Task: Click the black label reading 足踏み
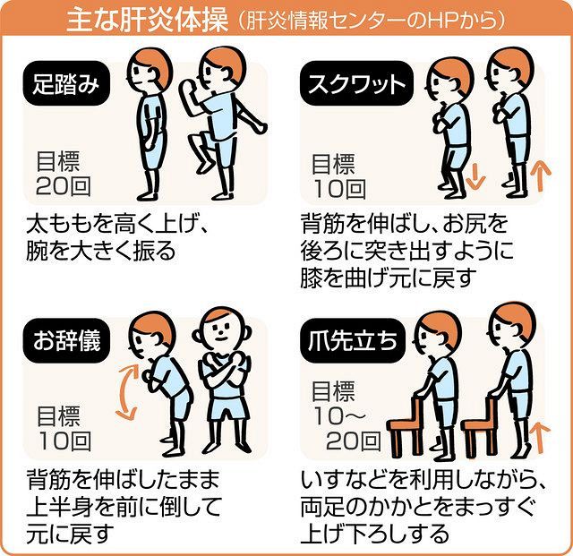[66, 83]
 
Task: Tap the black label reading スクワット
[356, 83]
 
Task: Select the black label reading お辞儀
[66, 341]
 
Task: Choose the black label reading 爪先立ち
[352, 341]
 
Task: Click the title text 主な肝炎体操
[148, 21]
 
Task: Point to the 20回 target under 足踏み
[63, 186]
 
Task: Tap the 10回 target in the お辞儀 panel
[64, 441]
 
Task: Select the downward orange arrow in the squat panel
[475, 176]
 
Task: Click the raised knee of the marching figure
[194, 140]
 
